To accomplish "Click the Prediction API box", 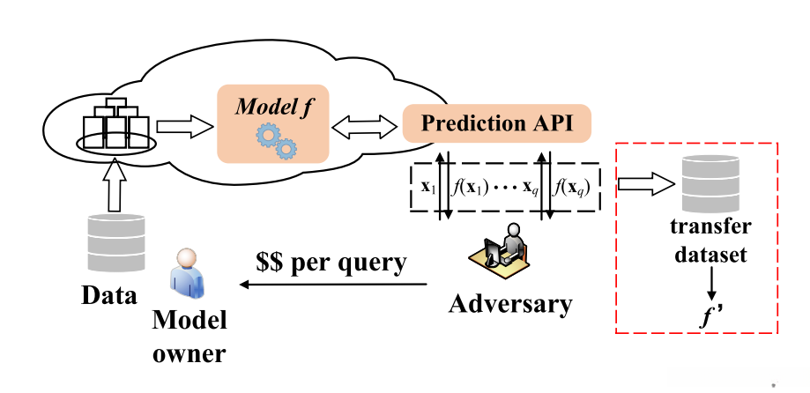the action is [496, 123].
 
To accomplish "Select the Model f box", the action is [272, 124].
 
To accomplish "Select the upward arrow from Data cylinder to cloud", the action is [115, 186].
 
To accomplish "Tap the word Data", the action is [109, 295].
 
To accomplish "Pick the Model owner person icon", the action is [186, 274].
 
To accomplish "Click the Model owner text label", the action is [189, 337].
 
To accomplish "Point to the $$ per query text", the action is [331, 263].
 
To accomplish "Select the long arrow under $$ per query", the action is [334, 284].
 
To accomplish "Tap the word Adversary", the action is [510, 304].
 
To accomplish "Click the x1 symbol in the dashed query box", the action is [428, 188].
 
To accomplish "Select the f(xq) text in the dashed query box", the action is [571, 187].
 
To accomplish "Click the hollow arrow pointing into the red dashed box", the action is [647, 185].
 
